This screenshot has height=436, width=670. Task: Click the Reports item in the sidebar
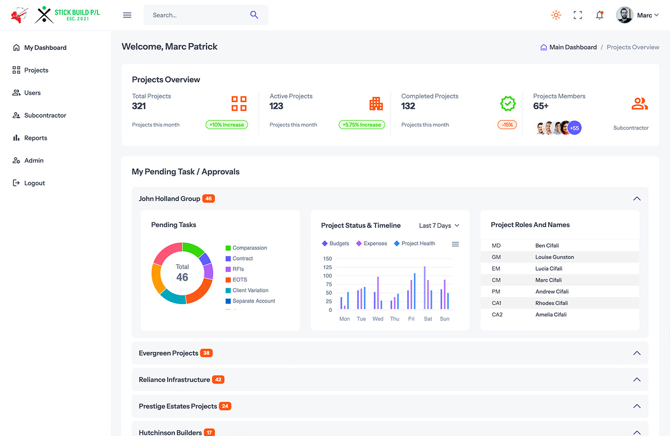point(35,138)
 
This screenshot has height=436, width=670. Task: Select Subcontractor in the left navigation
point(45,115)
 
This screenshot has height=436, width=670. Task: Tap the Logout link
point(34,183)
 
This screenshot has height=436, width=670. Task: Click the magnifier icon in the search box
point(254,15)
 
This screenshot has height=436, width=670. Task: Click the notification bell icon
point(599,15)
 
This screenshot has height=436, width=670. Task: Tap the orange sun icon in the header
point(556,15)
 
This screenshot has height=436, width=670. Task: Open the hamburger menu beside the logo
point(127,15)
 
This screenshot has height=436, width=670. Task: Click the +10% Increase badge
point(227,125)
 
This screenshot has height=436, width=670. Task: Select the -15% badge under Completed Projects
point(507,125)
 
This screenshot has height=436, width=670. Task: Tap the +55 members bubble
point(575,128)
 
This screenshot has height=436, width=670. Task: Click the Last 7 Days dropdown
point(439,225)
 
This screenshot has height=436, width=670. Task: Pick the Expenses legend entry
point(375,243)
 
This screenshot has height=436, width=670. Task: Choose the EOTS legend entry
point(240,280)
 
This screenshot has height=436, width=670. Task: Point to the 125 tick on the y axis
point(328,267)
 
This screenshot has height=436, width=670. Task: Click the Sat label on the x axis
point(428,319)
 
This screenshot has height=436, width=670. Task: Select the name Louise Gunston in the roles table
point(555,257)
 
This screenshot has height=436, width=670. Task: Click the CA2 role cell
point(497,315)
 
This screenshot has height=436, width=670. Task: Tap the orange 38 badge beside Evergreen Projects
point(206,353)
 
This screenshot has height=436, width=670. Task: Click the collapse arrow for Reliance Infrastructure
point(636,380)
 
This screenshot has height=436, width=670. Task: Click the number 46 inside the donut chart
point(182,277)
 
